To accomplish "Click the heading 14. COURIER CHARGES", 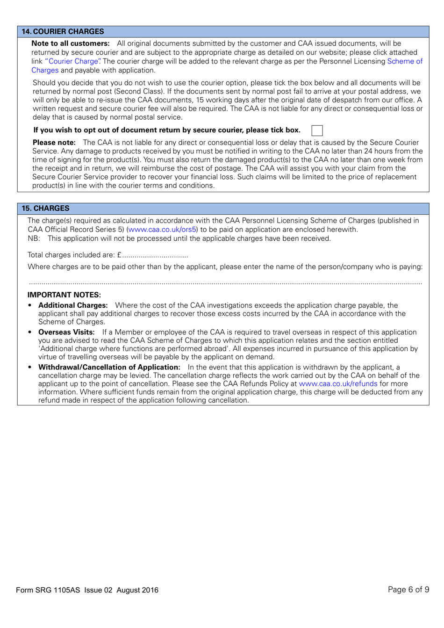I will point(63,31).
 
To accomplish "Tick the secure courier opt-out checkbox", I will point(317,130).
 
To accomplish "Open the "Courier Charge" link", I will point(73,61).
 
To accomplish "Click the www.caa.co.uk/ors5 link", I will point(162,230).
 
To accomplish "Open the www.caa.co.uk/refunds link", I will point(338,384).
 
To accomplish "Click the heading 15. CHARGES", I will point(45,208).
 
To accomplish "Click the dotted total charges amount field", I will point(155,255).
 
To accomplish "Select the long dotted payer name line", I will point(225,283).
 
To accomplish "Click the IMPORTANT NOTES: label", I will point(64,295).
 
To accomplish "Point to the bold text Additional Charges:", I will point(73,305).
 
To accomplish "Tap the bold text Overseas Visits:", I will point(66,332).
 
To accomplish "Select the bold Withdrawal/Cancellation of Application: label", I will point(109,368).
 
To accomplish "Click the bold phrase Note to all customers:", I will point(71,43).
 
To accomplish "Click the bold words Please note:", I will point(54,143).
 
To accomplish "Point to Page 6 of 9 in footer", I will point(408,590).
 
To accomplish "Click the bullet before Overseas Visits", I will point(30,332).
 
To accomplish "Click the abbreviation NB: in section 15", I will point(34,238).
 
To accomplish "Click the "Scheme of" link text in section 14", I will point(405,61).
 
